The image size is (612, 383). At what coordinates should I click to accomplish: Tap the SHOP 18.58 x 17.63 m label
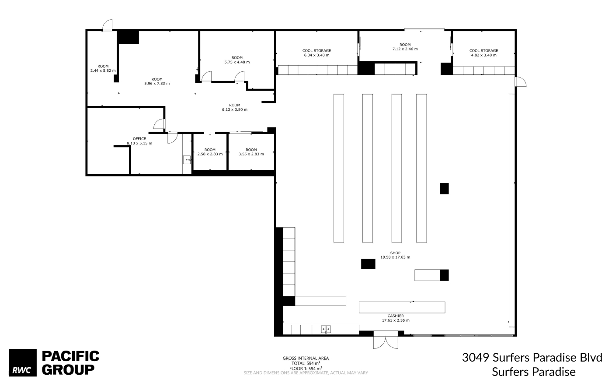point(395,255)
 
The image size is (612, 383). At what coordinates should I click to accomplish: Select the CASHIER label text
point(395,316)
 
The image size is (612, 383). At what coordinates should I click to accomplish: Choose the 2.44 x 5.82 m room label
point(103,68)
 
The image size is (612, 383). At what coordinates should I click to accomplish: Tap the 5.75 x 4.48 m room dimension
point(237,62)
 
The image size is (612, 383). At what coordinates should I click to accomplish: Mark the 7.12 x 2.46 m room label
point(405,47)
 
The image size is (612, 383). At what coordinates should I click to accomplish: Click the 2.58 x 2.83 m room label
point(210,152)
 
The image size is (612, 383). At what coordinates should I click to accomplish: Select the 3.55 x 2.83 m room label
point(251,152)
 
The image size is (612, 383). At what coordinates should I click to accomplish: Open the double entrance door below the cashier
point(386,340)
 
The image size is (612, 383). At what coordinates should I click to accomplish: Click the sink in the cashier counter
point(326,329)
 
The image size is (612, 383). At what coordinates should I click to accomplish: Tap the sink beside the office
point(187,160)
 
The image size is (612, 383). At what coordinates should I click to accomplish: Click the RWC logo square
point(23,362)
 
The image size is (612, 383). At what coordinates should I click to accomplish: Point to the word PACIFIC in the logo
point(70,356)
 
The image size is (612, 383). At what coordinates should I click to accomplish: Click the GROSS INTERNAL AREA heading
point(306,358)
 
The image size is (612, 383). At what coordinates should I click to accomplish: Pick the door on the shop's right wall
point(521,81)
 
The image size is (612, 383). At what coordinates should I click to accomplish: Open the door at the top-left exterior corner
point(108,25)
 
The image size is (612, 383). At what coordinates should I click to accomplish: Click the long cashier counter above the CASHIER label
point(402,307)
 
